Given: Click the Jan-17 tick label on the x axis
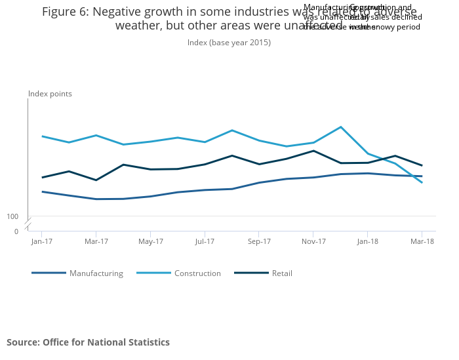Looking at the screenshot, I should coord(41,241).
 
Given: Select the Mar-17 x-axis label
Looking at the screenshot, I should coord(96,241).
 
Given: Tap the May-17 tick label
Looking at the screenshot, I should coord(151,241).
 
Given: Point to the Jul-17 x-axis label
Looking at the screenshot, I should coord(205,241).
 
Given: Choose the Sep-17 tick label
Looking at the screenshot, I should coord(259,241).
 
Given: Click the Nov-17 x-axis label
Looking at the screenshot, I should coord(313,241).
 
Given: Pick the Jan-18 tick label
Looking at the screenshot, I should coord(367,241).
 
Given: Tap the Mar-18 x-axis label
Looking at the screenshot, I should coord(422,241).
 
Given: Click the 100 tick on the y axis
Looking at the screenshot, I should coord(12,216).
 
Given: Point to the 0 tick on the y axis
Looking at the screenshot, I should coord(16,231).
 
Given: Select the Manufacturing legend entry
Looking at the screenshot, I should coord(96,273).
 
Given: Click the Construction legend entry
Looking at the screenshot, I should coord(197,273).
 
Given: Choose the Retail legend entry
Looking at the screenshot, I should coord(282,273).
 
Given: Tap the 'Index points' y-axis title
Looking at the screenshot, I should coord(50,94).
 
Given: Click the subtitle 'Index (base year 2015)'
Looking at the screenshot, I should coord(229,43).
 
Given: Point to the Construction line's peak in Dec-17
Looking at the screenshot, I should coord(340,127).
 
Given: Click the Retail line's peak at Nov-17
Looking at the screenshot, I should coord(313,151).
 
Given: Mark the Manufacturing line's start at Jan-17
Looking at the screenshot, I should coord(42,191).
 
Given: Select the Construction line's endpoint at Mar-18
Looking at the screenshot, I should coord(422,182).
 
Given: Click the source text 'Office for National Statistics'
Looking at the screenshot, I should coord(106,342).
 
